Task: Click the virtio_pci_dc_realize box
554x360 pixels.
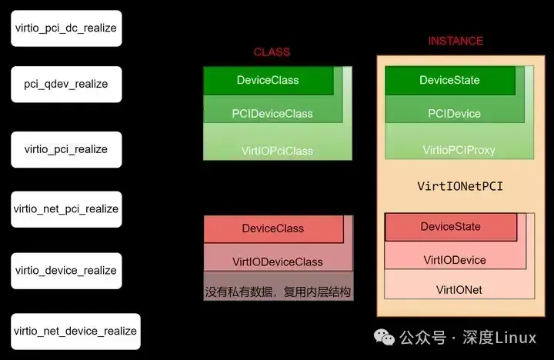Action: tap(65, 28)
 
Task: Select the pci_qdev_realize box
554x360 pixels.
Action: tap(66, 84)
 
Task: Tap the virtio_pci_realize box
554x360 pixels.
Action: tap(66, 149)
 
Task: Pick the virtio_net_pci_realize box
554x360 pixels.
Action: tap(66, 209)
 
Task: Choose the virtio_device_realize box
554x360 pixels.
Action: tap(66, 270)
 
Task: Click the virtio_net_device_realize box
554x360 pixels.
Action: tap(75, 332)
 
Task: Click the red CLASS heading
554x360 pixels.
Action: tap(272, 52)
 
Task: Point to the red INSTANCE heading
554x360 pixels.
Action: tap(456, 41)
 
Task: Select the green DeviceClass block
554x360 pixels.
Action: tap(268, 80)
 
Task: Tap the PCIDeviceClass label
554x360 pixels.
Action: tap(272, 114)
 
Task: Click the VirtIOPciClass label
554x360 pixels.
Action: tap(277, 151)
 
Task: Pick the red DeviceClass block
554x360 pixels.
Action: tap(273, 228)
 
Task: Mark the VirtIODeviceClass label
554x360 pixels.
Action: tap(278, 262)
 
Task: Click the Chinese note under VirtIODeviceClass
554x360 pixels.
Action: tap(278, 292)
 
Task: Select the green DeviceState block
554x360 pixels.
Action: tap(450, 80)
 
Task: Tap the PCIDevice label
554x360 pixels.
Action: tap(454, 114)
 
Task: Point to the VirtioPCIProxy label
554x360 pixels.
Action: tap(459, 149)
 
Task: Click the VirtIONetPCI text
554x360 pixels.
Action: tap(459, 186)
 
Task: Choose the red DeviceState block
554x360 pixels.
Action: tap(450, 227)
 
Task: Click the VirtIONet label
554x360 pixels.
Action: tap(459, 290)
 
